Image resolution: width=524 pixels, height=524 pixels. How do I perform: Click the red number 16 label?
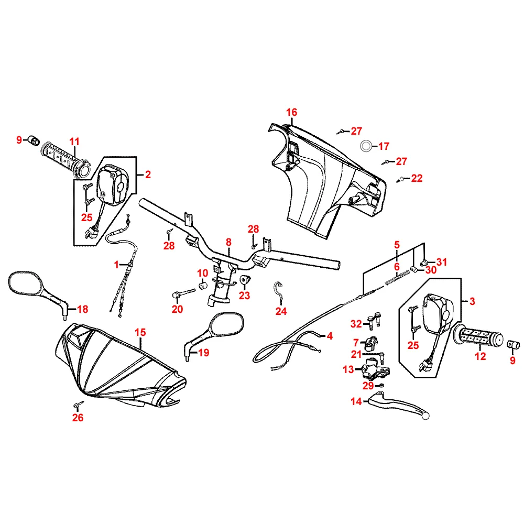click(291, 112)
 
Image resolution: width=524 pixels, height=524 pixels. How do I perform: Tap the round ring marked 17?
click(366, 146)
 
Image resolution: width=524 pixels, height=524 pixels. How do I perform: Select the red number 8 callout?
click(228, 242)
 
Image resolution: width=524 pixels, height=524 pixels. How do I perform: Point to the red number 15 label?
click(140, 332)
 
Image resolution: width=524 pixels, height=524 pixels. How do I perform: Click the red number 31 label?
click(442, 262)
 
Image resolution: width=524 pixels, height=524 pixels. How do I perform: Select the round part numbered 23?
click(245, 281)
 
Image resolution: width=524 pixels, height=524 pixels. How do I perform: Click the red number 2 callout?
click(148, 175)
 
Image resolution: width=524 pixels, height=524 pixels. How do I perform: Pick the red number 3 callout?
click(472, 301)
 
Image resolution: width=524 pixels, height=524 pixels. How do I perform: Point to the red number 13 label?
click(348, 369)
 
